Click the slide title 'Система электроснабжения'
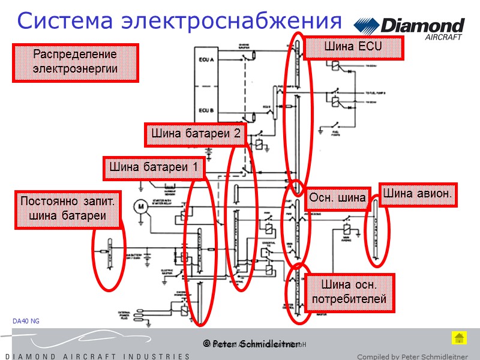click(x=179, y=21)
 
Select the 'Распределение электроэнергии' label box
click(x=76, y=62)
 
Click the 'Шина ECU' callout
click(x=353, y=47)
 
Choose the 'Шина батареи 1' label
click(x=154, y=168)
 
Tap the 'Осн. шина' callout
click(x=337, y=198)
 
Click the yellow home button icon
click(x=458, y=338)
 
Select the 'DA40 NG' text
click(x=26, y=322)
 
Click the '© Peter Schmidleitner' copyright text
click(x=251, y=344)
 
